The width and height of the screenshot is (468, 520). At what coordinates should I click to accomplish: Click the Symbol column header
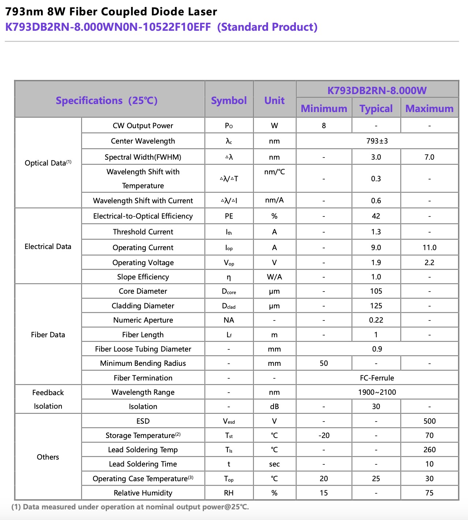point(229,100)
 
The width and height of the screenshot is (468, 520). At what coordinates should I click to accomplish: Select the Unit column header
point(274,100)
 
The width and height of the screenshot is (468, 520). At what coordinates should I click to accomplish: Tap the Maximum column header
point(429,108)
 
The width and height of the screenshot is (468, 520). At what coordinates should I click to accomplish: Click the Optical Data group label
point(48,163)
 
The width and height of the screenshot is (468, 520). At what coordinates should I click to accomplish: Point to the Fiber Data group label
point(48,335)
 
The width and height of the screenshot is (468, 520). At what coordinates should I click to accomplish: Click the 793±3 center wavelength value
point(377,141)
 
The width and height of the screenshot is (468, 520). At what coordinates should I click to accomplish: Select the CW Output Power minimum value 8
point(324,126)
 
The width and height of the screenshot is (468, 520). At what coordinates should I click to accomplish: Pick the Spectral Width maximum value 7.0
point(429,157)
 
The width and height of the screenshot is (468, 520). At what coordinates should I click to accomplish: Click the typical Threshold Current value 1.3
point(376,232)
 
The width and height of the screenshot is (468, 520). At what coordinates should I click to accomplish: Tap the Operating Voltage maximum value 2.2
point(429,263)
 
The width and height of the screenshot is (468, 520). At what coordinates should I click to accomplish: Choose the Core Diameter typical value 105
point(376,291)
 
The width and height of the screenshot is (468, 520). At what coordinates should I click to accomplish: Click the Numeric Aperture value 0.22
point(376,320)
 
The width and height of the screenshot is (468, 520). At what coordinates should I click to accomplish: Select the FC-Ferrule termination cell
point(377,378)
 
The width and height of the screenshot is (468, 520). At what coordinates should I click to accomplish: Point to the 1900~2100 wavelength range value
point(377,392)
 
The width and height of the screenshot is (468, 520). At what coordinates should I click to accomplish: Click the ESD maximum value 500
point(429,421)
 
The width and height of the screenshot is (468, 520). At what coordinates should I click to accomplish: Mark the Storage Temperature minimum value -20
point(324,435)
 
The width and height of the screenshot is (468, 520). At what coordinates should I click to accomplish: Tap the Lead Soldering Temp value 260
point(429,450)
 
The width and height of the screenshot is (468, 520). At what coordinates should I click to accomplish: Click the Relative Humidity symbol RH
point(229,493)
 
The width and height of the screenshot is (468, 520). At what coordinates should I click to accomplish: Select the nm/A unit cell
point(274,200)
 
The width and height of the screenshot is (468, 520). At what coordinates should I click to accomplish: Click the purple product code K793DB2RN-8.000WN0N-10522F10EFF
point(108,27)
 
